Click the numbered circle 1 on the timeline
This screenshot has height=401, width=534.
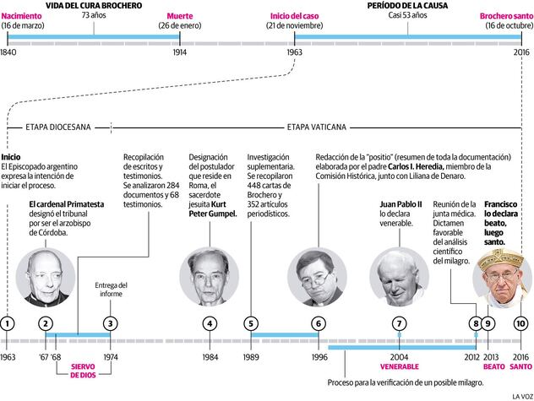[x=8, y=322]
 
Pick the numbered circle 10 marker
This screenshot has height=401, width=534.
[x=520, y=322]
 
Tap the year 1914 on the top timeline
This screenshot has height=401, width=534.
[x=179, y=51]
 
